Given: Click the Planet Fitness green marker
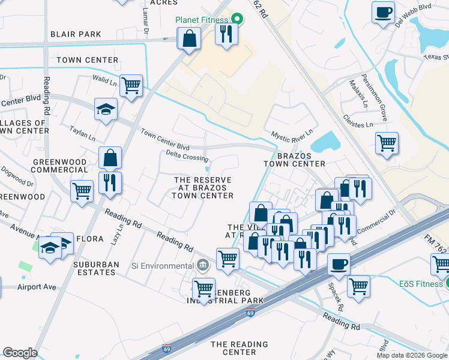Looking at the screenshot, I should click(237, 19).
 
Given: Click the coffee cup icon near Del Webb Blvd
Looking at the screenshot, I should click(383, 12).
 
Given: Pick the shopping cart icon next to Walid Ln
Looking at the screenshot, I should click(130, 85).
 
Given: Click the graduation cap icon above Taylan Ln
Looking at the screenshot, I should click(106, 109).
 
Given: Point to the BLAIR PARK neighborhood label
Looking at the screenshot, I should click(76, 34).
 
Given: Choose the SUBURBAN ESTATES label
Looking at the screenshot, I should click(94, 268).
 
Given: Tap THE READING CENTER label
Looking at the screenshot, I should click(239, 349).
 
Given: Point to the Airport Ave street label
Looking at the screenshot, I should click(37, 287).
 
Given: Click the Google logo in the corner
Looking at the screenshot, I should click(20, 353).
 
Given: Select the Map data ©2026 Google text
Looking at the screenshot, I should click(411, 355).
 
